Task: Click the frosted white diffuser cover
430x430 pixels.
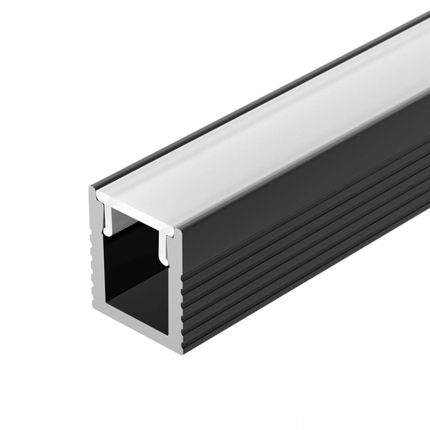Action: click(262, 131)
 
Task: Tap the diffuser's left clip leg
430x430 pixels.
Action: click(107, 222)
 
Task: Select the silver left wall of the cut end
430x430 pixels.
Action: click(98, 262)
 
